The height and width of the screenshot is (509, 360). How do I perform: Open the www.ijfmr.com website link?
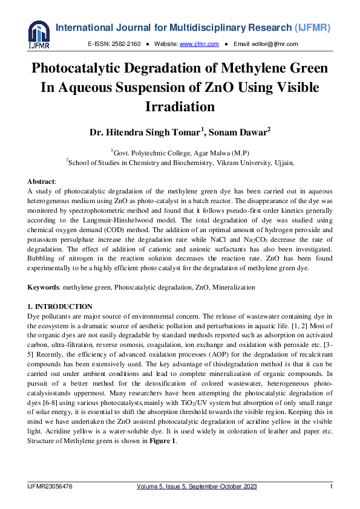pyautogui.click(x=192, y=44)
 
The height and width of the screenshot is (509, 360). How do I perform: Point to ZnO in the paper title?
pyautogui.click(x=214, y=88)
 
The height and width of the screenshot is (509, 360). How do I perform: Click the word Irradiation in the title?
pyautogui.click(x=180, y=107)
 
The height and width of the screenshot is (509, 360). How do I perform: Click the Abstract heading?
pyautogui.click(x=41, y=181)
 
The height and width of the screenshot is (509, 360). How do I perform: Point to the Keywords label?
pyautogui.click(x=45, y=287)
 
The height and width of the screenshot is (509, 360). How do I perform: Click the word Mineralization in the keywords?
pyautogui.click(x=232, y=287)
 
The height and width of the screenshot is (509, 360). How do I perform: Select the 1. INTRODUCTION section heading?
pyautogui.click(x=60, y=307)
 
